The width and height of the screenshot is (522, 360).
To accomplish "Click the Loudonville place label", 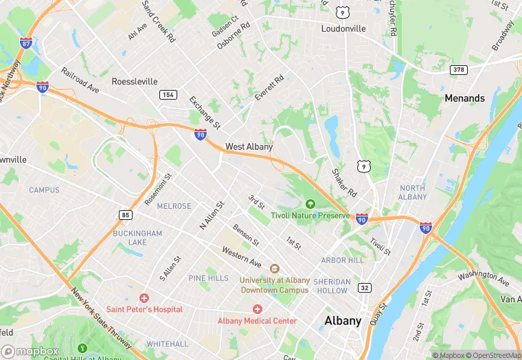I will tap(344, 29).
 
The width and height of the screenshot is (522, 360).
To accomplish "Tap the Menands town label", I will tap(464, 98).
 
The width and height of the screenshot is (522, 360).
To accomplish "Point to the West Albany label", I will tap(249, 146).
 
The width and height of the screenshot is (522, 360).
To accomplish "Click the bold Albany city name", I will tap(343, 321).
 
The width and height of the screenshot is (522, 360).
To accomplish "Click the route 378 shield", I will tap(459, 70).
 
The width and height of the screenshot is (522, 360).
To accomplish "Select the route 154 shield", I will tap(168, 94).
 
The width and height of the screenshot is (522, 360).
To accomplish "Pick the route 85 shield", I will tap(126, 215).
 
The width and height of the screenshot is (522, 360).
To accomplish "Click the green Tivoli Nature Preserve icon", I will tap(310, 204).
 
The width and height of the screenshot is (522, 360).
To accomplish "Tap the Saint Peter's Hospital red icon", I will tap(144, 298).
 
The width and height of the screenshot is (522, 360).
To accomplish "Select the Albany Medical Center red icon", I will tap(258, 309).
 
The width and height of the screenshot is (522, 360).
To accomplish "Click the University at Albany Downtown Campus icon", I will tap(274, 269).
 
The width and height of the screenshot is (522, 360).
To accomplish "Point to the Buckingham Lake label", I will tap(138, 238).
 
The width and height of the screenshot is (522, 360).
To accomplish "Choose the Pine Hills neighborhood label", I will tap(208, 278).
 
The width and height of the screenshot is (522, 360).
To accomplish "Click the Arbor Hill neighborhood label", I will tap(343, 260).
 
